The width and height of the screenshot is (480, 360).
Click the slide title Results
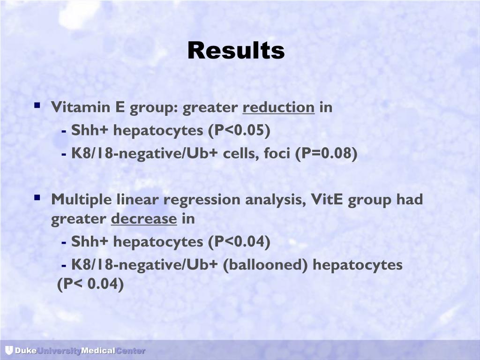[x=236, y=50]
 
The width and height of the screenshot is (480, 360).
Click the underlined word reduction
[x=278, y=107]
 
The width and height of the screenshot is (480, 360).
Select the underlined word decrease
[x=144, y=219]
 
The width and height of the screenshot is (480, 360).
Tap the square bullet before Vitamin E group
[x=37, y=106]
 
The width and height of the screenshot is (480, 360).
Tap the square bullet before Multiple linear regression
[x=37, y=198]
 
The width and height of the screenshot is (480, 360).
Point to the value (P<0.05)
[x=240, y=130]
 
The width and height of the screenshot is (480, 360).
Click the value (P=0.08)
[x=326, y=153]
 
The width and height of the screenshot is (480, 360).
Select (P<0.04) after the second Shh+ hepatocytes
[x=240, y=242]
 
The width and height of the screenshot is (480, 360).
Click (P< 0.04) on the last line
[x=90, y=284]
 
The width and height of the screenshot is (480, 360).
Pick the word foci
[x=276, y=153]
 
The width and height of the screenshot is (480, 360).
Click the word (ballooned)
[x=265, y=265]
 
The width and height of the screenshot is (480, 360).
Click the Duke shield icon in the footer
[x=9, y=350]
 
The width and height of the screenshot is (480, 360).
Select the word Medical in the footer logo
[x=98, y=351]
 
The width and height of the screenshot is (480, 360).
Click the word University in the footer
[x=59, y=351]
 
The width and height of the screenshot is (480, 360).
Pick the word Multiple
[x=80, y=200]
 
